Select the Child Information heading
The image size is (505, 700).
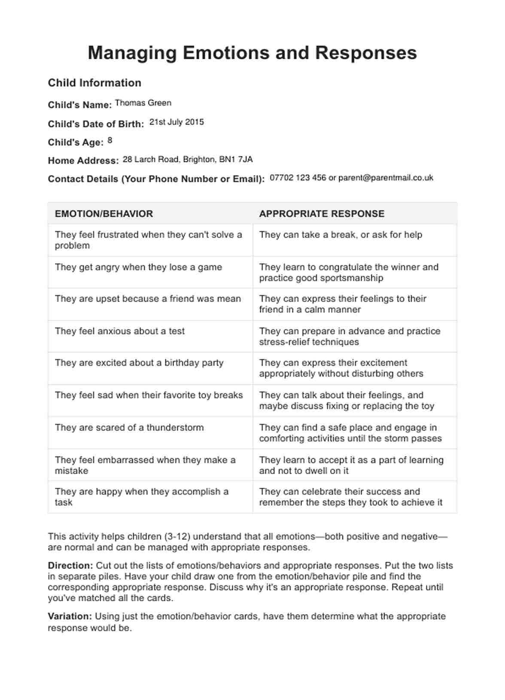(x=94, y=83)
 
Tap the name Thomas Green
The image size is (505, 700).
(x=143, y=103)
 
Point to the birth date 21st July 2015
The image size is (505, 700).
(x=176, y=122)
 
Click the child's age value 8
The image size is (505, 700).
(x=110, y=140)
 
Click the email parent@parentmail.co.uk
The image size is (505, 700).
(x=386, y=178)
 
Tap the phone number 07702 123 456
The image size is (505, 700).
(x=298, y=178)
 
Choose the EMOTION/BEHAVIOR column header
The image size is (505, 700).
(x=104, y=213)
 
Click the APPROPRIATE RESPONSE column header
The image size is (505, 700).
(x=322, y=213)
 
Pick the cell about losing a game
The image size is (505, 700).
(x=138, y=267)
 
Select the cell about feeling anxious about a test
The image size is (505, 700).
(x=120, y=331)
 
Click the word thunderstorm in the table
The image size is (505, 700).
(x=175, y=427)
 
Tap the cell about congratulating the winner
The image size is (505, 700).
(x=349, y=272)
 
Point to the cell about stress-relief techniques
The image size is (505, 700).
(x=350, y=336)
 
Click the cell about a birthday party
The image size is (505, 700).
(x=139, y=363)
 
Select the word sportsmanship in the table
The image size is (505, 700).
(x=354, y=278)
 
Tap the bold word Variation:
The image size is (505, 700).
(x=70, y=616)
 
